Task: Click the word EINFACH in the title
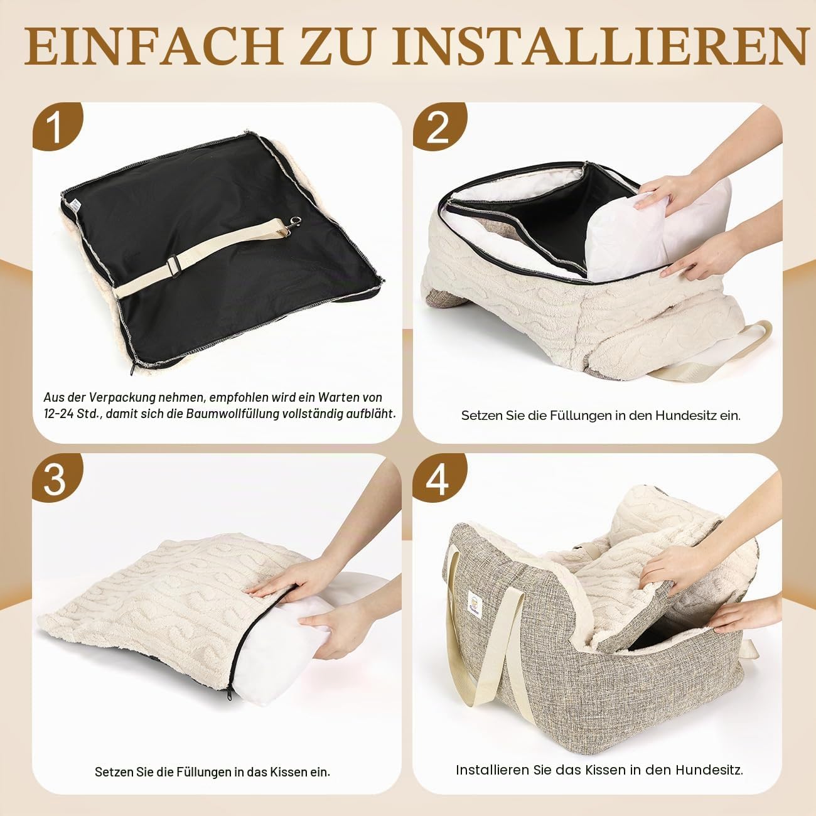click(153, 46)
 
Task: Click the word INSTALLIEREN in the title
click(599, 46)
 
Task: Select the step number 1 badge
click(56, 126)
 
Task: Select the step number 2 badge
click(438, 126)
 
